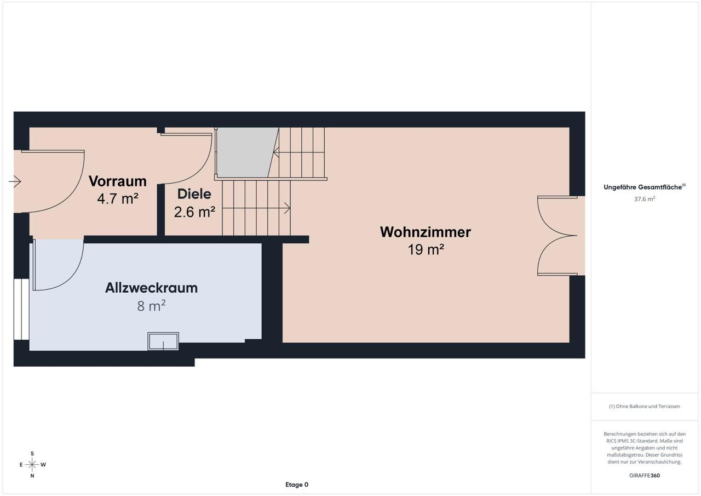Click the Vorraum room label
(118, 181)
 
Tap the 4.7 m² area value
(118, 198)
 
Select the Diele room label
(194, 194)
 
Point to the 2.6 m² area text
(194, 212)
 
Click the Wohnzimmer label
(426, 232)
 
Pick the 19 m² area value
(426, 249)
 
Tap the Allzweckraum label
(151, 288)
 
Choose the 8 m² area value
(151, 306)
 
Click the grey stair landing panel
(247, 152)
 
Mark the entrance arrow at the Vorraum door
(15, 181)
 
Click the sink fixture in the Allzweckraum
(163, 341)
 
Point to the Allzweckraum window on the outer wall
(21, 309)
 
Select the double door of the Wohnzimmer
(557, 236)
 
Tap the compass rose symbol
(32, 465)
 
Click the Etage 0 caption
(297, 484)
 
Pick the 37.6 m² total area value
(645, 199)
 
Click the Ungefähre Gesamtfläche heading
(645, 187)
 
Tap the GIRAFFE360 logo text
(645, 475)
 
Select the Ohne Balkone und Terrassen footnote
(645, 406)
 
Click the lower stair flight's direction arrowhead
(288, 208)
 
